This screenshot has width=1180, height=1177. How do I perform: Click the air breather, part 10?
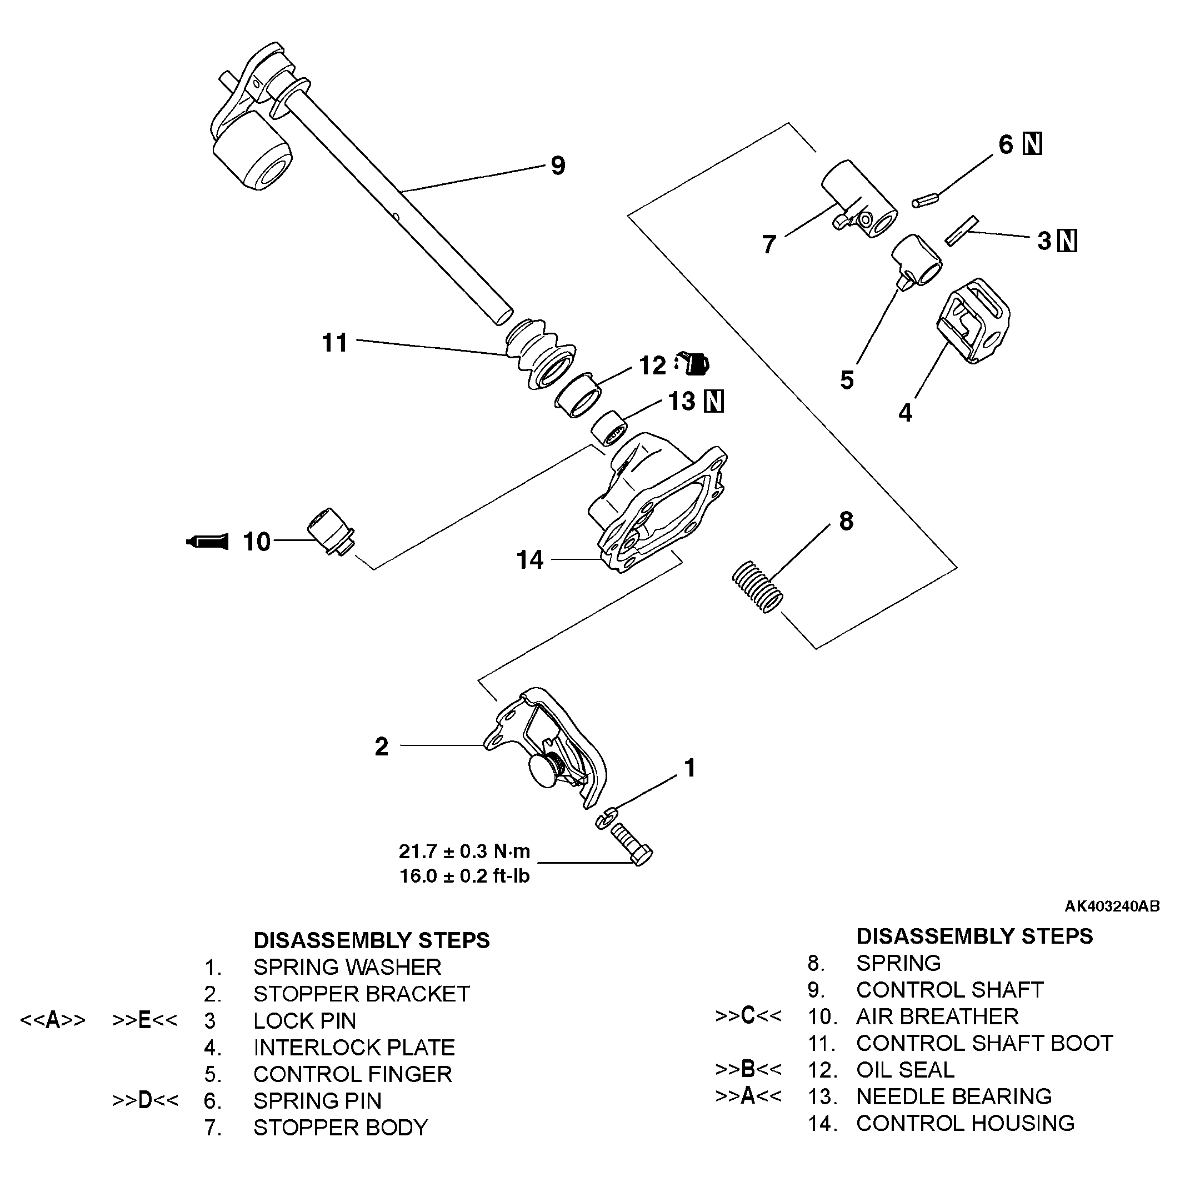pyautogui.click(x=330, y=531)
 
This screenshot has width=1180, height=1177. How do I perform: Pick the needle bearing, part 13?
pyautogui.click(x=609, y=428)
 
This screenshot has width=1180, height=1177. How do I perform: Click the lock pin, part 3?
pyautogui.click(x=962, y=231)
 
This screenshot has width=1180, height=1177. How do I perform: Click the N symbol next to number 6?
pyautogui.click(x=1033, y=144)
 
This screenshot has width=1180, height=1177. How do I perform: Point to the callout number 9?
pyautogui.click(x=558, y=166)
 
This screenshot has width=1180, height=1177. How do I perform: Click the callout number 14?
pyautogui.click(x=529, y=560)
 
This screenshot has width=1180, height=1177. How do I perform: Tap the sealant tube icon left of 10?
pyautogui.click(x=208, y=542)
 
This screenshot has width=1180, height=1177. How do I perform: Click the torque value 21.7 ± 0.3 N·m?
pyautogui.click(x=464, y=851)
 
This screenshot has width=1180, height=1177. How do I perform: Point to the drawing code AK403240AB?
pyautogui.click(x=1112, y=906)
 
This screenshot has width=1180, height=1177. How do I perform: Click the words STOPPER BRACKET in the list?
pyautogui.click(x=362, y=994)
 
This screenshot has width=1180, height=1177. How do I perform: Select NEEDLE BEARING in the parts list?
pyautogui.click(x=953, y=1096)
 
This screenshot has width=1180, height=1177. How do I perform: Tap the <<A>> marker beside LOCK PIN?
pyautogui.click(x=53, y=1020)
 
